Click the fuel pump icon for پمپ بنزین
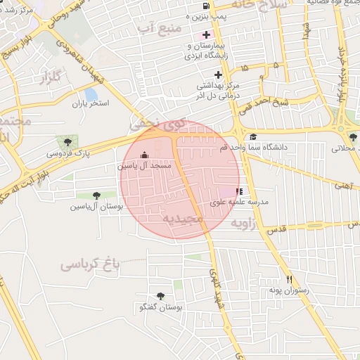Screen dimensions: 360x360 pyautogui.click(x=205, y=6)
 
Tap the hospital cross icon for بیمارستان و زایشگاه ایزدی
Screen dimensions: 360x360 pyautogui.click(x=206, y=34)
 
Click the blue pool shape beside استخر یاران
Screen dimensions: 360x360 pyautogui.click(x=91, y=95)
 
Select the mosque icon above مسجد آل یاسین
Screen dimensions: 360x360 pyautogui.click(x=145, y=155)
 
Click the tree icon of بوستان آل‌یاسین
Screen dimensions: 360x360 pyautogui.click(x=96, y=195)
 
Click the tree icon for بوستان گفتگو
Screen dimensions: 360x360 pyautogui.click(x=160, y=296)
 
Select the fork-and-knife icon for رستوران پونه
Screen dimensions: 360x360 pyautogui.click(x=288, y=278)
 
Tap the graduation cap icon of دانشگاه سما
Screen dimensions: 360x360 pyautogui.click(x=253, y=136)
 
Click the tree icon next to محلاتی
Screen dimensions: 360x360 pyautogui.click(x=352, y=137)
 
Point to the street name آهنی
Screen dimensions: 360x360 pyautogui.click(x=343, y=186)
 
